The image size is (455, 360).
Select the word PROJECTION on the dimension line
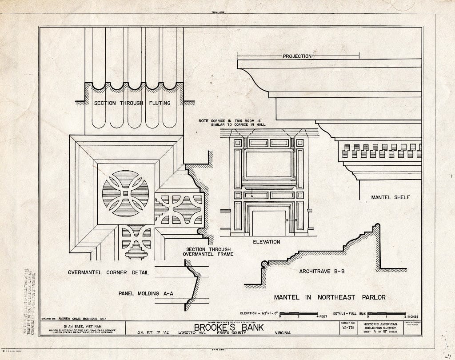pos(297,56)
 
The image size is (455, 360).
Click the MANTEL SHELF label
pos(390,197)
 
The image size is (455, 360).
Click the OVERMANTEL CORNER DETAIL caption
pos(108,272)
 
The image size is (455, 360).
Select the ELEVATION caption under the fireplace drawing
pos(266,242)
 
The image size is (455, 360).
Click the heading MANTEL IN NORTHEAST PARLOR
pos(329,297)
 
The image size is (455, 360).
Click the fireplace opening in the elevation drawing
pos(269,223)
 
